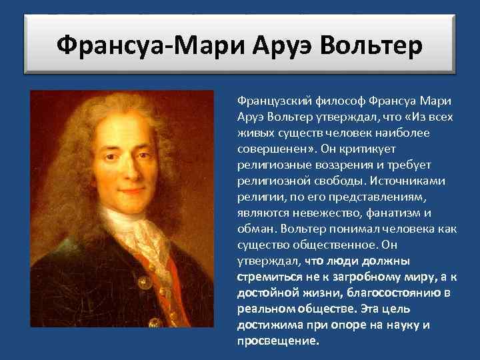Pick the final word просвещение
(277, 341)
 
